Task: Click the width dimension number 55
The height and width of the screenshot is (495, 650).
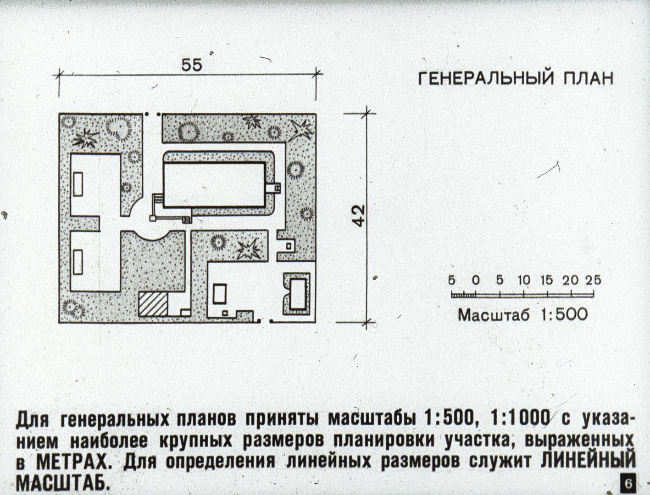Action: tap(192, 65)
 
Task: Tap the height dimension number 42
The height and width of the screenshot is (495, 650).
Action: tap(359, 216)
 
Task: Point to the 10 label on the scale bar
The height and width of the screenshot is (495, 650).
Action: tap(524, 280)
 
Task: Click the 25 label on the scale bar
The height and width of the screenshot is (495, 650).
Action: tap(593, 280)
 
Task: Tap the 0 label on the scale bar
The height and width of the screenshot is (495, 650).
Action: tap(476, 280)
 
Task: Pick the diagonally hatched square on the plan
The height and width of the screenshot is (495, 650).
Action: tap(153, 304)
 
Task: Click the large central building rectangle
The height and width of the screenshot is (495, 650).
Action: tap(214, 185)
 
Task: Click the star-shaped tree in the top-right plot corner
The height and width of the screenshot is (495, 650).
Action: tap(300, 131)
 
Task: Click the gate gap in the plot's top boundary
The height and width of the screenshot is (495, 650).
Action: tap(152, 114)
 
